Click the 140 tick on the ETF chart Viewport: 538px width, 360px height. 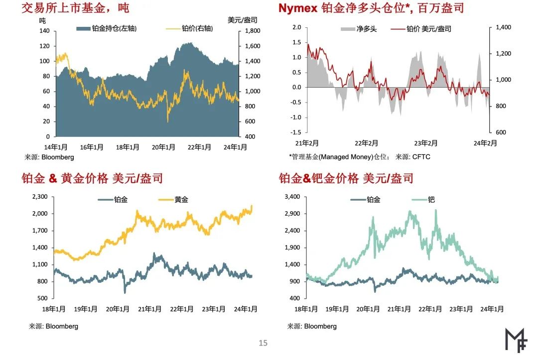click(44, 31)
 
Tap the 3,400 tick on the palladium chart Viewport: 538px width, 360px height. click(291, 197)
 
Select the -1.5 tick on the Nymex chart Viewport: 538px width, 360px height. click(296, 132)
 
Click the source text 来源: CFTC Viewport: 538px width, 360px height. click(413, 157)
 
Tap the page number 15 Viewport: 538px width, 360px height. click(263, 343)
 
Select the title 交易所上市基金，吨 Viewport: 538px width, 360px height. click(75, 8)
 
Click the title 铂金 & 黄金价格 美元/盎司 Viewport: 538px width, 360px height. click(92, 178)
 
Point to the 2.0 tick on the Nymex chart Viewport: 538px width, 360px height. click(297, 27)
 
